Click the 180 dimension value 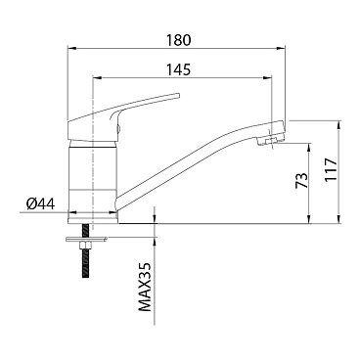tap(178, 40)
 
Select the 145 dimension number tap(178, 69)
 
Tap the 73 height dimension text tap(301, 180)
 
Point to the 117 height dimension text tap(330, 170)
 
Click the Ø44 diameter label tap(41, 204)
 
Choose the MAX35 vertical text tap(145, 287)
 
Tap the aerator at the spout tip tap(270, 141)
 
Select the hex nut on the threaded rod tap(86, 245)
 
